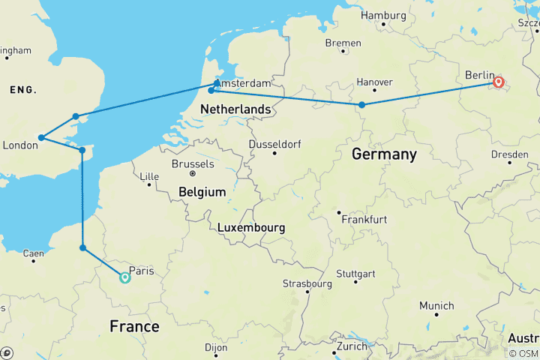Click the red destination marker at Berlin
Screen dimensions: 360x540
point(498,82)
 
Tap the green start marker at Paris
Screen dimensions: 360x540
point(125,277)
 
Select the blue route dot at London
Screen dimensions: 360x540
point(42,137)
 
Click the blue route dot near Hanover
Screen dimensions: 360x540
point(361,105)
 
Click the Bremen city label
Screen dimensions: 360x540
point(343,43)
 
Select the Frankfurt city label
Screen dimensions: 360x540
point(363,220)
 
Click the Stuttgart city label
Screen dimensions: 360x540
point(355,272)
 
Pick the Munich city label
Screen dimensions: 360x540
point(436,306)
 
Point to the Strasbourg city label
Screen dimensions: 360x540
point(307,284)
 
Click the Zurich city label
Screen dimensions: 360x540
point(350,346)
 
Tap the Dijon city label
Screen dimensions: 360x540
point(215,348)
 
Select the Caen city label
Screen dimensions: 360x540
point(32,254)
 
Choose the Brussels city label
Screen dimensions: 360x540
point(193,163)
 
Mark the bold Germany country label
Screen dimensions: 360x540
point(384,154)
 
